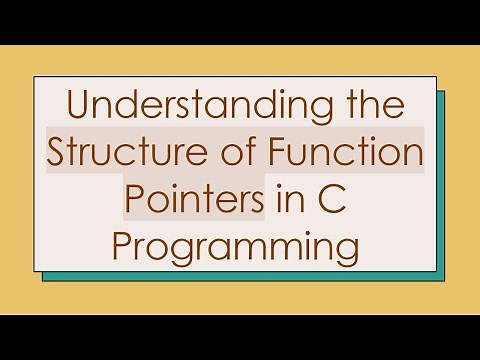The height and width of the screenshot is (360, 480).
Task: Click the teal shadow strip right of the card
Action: [x=441, y=180]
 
